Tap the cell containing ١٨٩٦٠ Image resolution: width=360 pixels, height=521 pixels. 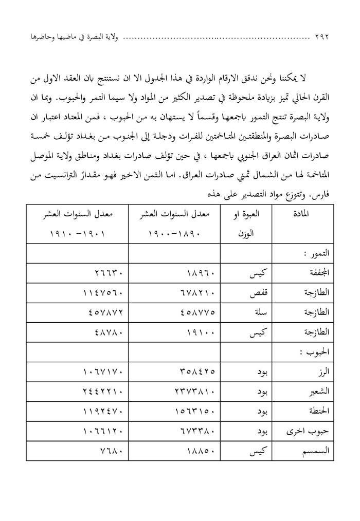[x=173, y=274]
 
